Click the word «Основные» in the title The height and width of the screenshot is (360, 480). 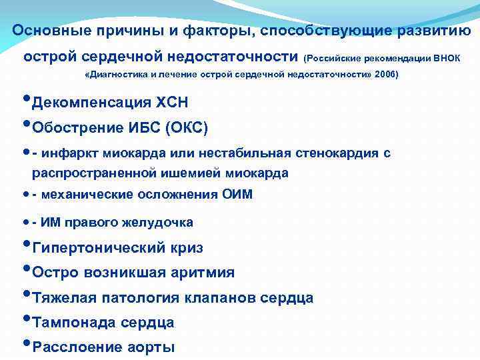point(45,31)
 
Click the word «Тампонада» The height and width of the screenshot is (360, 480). point(74,323)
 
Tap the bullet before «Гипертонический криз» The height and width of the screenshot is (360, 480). point(26,245)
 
